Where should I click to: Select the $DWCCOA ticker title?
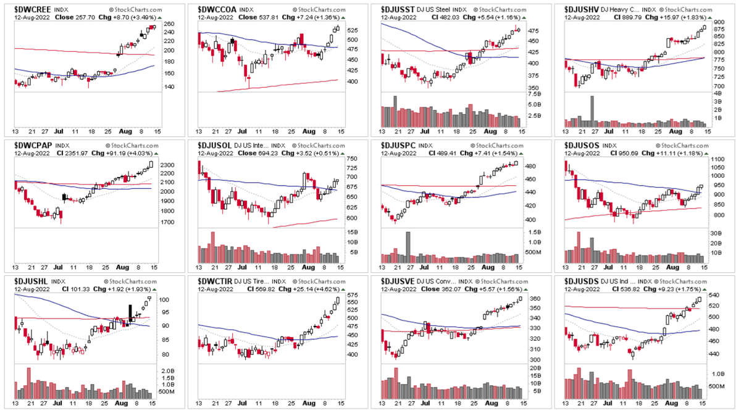tap(216, 10)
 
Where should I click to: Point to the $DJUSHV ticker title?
tap(584, 10)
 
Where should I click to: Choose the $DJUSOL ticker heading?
tap(215, 145)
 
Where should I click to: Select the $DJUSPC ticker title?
tap(399, 145)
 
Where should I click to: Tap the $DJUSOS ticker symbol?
tap(584, 145)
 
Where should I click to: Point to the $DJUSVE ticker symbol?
tap(399, 281)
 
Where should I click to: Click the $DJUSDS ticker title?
tap(584, 281)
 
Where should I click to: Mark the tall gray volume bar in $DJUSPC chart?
tap(408, 242)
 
